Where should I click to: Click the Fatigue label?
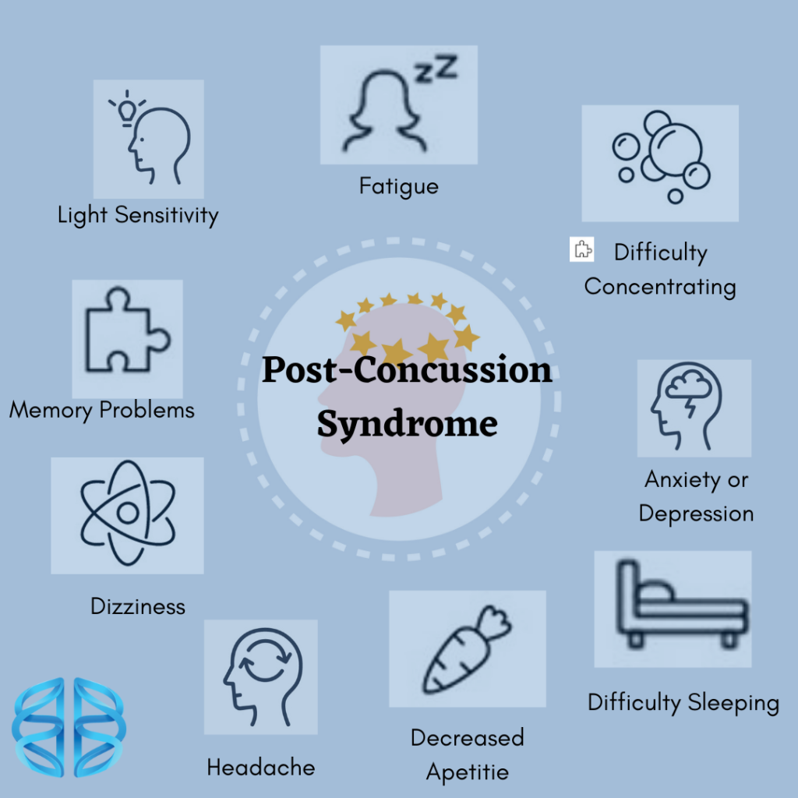click(398, 187)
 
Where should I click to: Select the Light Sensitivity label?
click(138, 215)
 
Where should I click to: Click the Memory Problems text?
click(101, 410)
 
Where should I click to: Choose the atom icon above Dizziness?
click(127, 513)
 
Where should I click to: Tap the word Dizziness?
click(138, 606)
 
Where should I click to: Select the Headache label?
click(260, 768)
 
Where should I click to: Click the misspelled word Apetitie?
click(467, 772)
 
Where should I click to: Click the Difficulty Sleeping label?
click(683, 703)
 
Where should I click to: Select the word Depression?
click(696, 514)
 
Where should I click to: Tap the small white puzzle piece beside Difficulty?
click(582, 249)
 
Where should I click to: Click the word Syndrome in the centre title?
click(407, 423)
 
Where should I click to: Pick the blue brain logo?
click(69, 727)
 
